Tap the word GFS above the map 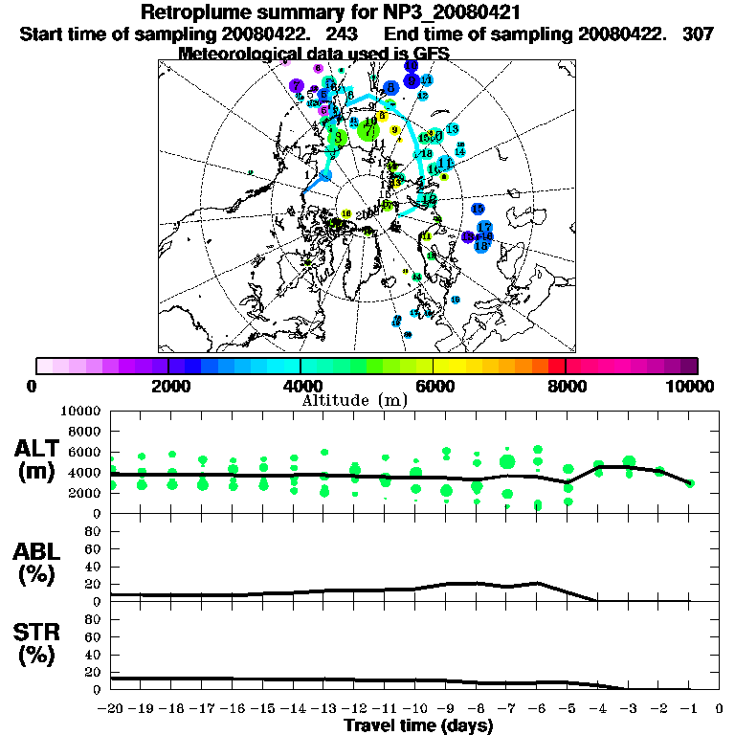pyautogui.click(x=431, y=54)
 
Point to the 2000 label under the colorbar pyautogui.click(x=167, y=387)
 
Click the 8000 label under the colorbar pyautogui.click(x=566, y=387)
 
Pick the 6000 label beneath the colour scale pyautogui.click(x=434, y=387)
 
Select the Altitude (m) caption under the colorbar pyautogui.click(x=354, y=399)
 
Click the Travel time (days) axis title pyautogui.click(x=418, y=726)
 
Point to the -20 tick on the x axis pyautogui.click(x=111, y=709)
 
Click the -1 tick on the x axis pyautogui.click(x=688, y=709)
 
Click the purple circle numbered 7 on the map pyautogui.click(x=298, y=86)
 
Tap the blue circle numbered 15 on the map pyautogui.click(x=478, y=209)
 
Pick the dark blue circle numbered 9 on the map pyautogui.click(x=412, y=80)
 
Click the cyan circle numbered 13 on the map pyautogui.click(x=452, y=129)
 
